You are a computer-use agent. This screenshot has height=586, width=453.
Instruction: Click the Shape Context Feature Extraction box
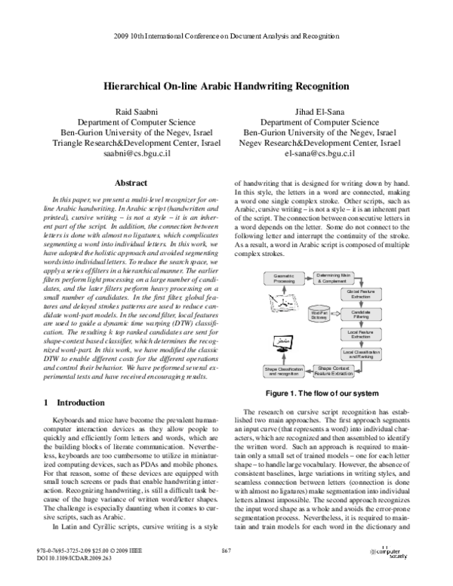[332, 370]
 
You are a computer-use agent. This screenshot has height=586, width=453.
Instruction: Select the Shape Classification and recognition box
[282, 371]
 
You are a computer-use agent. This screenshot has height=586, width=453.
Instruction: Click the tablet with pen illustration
[281, 310]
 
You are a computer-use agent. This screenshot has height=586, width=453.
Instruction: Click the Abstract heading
[129, 183]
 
